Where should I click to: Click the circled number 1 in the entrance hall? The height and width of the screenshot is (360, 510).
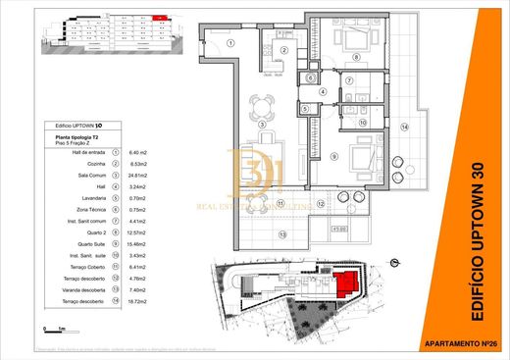coord(230,43)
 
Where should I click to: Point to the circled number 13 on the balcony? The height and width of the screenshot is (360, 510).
coord(283,233)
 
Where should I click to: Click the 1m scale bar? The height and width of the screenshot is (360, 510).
coord(53,331)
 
